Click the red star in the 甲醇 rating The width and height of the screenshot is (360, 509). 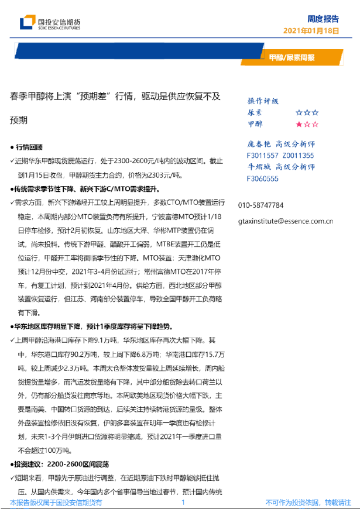[299, 124]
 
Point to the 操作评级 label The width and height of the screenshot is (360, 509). [263, 101]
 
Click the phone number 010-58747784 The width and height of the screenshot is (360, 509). [261, 205]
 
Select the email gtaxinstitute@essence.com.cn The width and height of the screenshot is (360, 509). [286, 221]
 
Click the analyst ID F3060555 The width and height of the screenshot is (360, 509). [263, 178]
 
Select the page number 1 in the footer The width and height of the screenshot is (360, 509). [183, 502]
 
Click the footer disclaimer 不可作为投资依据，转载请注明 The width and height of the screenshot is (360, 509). [308, 502]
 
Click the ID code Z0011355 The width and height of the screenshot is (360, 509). [298, 155]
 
